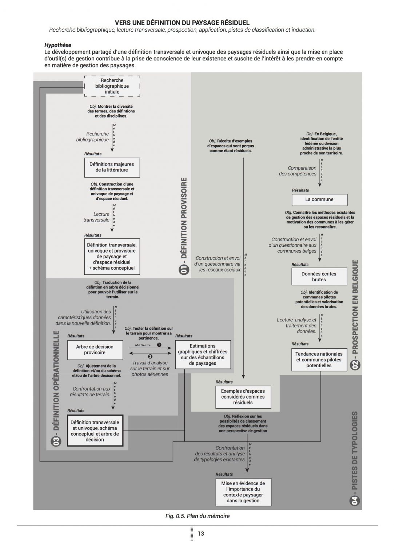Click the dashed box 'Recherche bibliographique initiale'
click(x=112, y=86)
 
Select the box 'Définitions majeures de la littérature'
click(x=112, y=167)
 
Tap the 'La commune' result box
click(x=319, y=199)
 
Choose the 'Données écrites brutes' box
click(x=319, y=277)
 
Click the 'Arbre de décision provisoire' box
click(x=95, y=350)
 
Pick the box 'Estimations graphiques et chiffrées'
click(x=203, y=354)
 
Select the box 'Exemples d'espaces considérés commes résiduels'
click(x=243, y=397)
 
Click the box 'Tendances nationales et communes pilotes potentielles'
click(x=319, y=360)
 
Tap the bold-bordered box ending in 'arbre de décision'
click(x=95, y=431)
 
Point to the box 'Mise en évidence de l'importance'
click(x=243, y=492)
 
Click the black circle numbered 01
click(x=184, y=270)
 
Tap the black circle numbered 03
click(x=56, y=441)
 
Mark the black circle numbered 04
click(x=355, y=501)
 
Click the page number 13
click(x=201, y=534)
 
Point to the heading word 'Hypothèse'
click(x=58, y=45)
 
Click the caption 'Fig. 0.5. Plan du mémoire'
click(x=197, y=516)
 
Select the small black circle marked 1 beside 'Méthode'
click(x=159, y=345)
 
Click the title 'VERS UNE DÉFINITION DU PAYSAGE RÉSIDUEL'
click(x=182, y=23)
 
